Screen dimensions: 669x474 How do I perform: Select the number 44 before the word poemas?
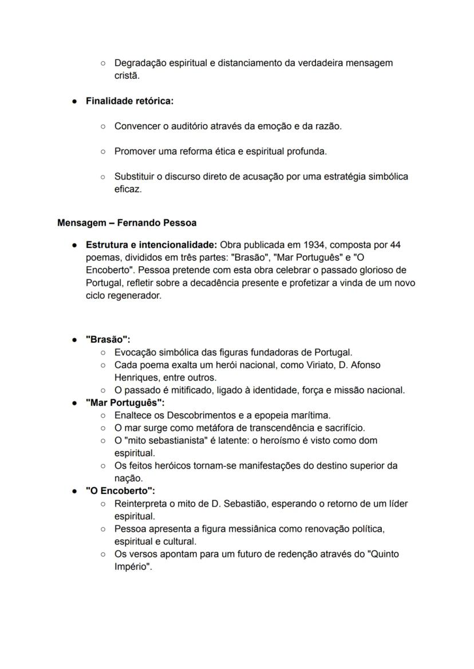coord(395,245)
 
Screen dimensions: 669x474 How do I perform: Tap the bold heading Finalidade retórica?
coord(129,101)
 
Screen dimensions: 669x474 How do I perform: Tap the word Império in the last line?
coord(132,567)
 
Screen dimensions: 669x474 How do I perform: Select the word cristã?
coord(127,76)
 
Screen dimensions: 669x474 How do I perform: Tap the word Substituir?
coord(136,176)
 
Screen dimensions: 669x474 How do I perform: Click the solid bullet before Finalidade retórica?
coord(75,101)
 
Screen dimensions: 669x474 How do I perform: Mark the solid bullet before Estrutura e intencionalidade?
coord(75,245)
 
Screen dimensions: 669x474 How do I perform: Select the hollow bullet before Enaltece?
coord(103,415)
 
